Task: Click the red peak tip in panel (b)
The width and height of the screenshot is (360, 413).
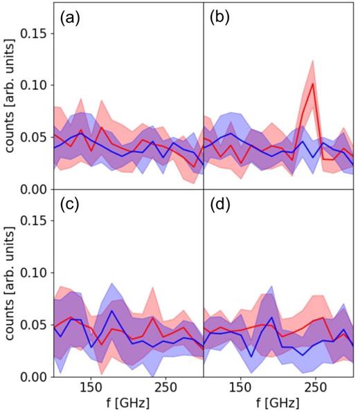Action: click(x=314, y=84)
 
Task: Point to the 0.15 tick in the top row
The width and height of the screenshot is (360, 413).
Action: click(x=35, y=33)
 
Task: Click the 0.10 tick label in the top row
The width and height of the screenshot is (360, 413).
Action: click(x=35, y=85)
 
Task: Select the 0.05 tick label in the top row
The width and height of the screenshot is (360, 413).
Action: click(x=35, y=137)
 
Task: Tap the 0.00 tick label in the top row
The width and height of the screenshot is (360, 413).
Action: click(x=35, y=189)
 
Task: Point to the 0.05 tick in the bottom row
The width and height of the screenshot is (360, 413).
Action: click(x=35, y=324)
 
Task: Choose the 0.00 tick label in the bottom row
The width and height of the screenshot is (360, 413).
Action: click(x=35, y=376)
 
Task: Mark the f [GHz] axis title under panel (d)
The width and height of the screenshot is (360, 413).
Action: click(x=278, y=403)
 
